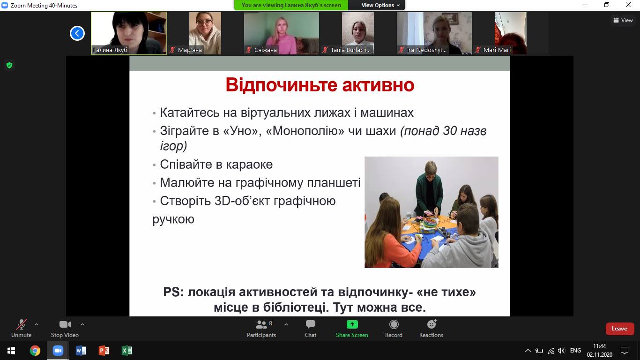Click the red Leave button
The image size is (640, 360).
pyautogui.click(x=620, y=329)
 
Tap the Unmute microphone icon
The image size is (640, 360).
pyautogui.click(x=21, y=324)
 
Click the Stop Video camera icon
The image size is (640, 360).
pyautogui.click(x=65, y=324)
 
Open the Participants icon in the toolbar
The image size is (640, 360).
pyautogui.click(x=261, y=324)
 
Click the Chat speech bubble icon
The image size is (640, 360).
pyautogui.click(x=310, y=324)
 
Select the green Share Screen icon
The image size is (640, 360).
pyautogui.click(x=352, y=324)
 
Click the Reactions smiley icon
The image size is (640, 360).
pyautogui.click(x=432, y=324)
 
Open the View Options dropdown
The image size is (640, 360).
pyautogui.click(x=380, y=5)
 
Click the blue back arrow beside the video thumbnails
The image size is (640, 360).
pyautogui.click(x=77, y=33)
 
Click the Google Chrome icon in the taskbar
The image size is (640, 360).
pyautogui.click(x=35, y=351)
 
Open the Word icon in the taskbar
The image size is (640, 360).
pyautogui.click(x=81, y=351)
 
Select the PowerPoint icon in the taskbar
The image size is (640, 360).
pyautogui.click(x=104, y=351)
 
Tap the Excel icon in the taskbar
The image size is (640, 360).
pyautogui.click(x=127, y=351)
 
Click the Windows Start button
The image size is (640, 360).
pyautogui.click(x=11, y=351)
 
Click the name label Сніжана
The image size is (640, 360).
pyautogui.click(x=266, y=50)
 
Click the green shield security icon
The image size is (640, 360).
pyautogui.click(x=9, y=66)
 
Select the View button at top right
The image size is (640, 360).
pyautogui.click(x=623, y=20)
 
